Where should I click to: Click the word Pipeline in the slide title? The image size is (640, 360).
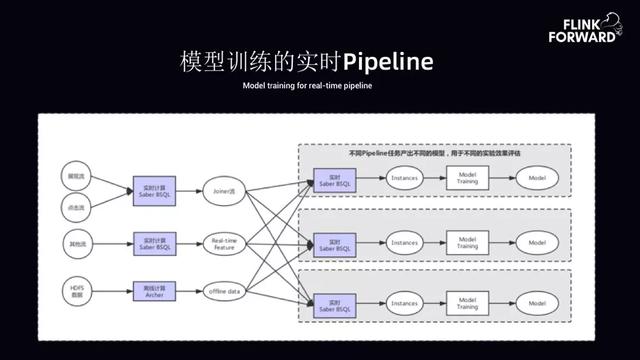[x=388, y=62]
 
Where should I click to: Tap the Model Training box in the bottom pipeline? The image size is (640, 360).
[x=466, y=301]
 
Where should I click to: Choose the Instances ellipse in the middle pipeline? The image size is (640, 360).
[x=404, y=241]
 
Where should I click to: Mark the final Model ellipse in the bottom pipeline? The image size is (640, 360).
[x=537, y=301]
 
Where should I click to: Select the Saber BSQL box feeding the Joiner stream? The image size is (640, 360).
[x=154, y=187]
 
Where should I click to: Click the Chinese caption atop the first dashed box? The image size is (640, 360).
[x=433, y=154]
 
